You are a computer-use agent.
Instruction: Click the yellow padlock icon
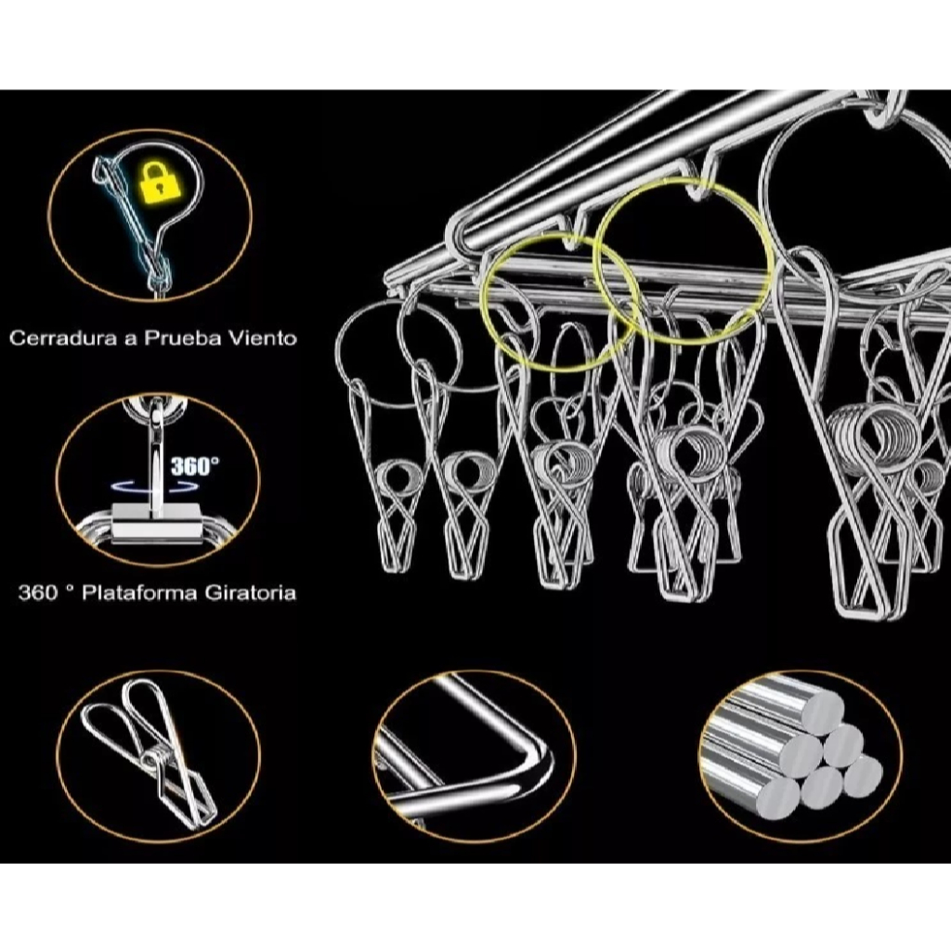pyautogui.click(x=162, y=181)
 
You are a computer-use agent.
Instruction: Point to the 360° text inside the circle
pyautogui.click(x=195, y=466)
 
